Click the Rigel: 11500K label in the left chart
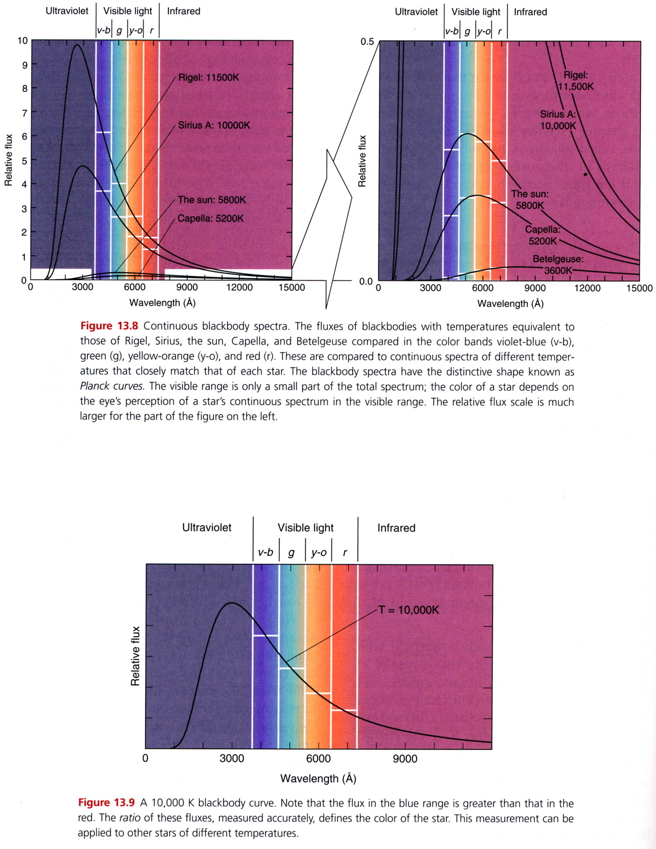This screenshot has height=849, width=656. point(209,78)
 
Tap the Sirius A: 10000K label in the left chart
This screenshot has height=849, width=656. point(214,125)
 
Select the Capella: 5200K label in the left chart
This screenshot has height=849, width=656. point(210,218)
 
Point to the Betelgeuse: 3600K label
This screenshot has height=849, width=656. point(558,265)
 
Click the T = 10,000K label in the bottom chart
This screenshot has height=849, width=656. point(408,610)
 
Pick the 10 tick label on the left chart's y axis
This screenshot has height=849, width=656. point(22,41)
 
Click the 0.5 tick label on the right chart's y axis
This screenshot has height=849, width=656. point(367,42)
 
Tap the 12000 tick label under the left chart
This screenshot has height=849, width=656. point(239,288)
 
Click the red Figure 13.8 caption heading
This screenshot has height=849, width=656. point(109,326)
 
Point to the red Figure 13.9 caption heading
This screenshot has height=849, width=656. point(106,803)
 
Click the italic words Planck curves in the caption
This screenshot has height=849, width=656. point(112,386)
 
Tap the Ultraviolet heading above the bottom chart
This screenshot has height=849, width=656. point(206,528)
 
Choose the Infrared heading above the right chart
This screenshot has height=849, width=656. point(530,12)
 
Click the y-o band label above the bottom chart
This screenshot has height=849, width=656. point(319,553)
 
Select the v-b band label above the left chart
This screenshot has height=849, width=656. point(104,31)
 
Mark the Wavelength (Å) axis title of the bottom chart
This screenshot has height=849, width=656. point(318,779)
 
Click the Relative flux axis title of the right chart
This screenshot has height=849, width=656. point(362,161)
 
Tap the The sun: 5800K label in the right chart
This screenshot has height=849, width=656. point(530,199)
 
